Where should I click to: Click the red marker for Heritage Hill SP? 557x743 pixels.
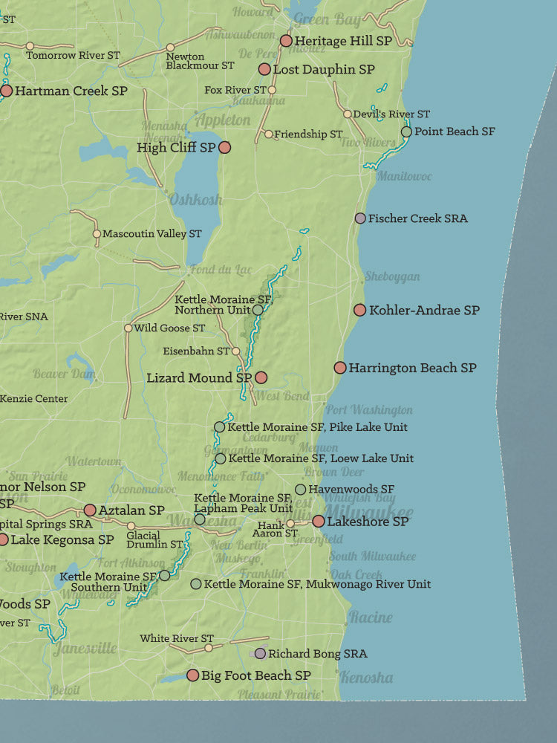pyautogui.click(x=286, y=41)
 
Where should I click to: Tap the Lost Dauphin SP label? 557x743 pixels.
pyautogui.click(x=324, y=69)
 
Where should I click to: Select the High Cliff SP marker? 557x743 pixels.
pyautogui.click(x=224, y=148)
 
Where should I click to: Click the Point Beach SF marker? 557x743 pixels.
pyautogui.click(x=406, y=132)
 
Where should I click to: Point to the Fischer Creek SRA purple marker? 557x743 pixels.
pyautogui.click(x=360, y=218)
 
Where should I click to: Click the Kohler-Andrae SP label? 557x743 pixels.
pyautogui.click(x=424, y=310)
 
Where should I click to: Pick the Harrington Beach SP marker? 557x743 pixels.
pyautogui.click(x=340, y=368)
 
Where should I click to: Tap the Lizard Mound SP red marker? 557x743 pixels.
pyautogui.click(x=261, y=377)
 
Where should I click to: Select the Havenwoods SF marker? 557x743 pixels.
pyautogui.click(x=300, y=489)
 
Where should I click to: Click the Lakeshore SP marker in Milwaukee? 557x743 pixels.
pyautogui.click(x=319, y=522)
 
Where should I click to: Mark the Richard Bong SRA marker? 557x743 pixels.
pyautogui.click(x=260, y=654)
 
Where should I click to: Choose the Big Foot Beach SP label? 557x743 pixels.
pyautogui.click(x=256, y=675)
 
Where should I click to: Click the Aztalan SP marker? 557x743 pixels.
pyautogui.click(x=90, y=510)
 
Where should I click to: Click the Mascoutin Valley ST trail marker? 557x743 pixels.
pyautogui.click(x=97, y=234)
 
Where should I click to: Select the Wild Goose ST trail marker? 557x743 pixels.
pyautogui.click(x=128, y=328)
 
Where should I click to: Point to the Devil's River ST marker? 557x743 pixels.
pyautogui.click(x=348, y=114)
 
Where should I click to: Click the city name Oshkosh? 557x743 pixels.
pyautogui.click(x=195, y=199)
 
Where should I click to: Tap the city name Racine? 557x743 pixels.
pyautogui.click(x=371, y=617)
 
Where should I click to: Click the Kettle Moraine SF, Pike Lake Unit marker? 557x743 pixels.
pyautogui.click(x=219, y=427)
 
